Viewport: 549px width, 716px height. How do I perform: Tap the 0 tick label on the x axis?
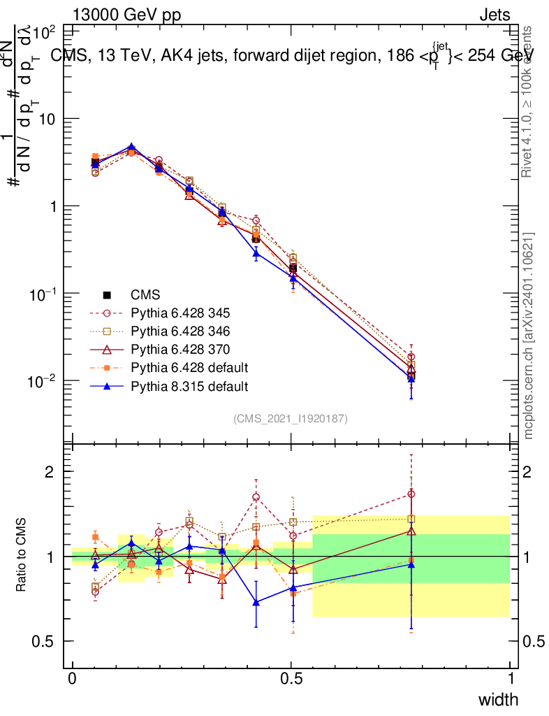click(73, 679)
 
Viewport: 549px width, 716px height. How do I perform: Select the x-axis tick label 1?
click(511, 679)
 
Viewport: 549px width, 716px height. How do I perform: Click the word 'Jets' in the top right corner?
click(495, 15)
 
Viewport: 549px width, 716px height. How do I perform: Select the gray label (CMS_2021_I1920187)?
click(291, 419)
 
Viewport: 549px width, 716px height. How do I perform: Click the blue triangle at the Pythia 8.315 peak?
click(131, 148)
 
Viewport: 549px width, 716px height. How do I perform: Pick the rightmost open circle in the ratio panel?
click(411, 494)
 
